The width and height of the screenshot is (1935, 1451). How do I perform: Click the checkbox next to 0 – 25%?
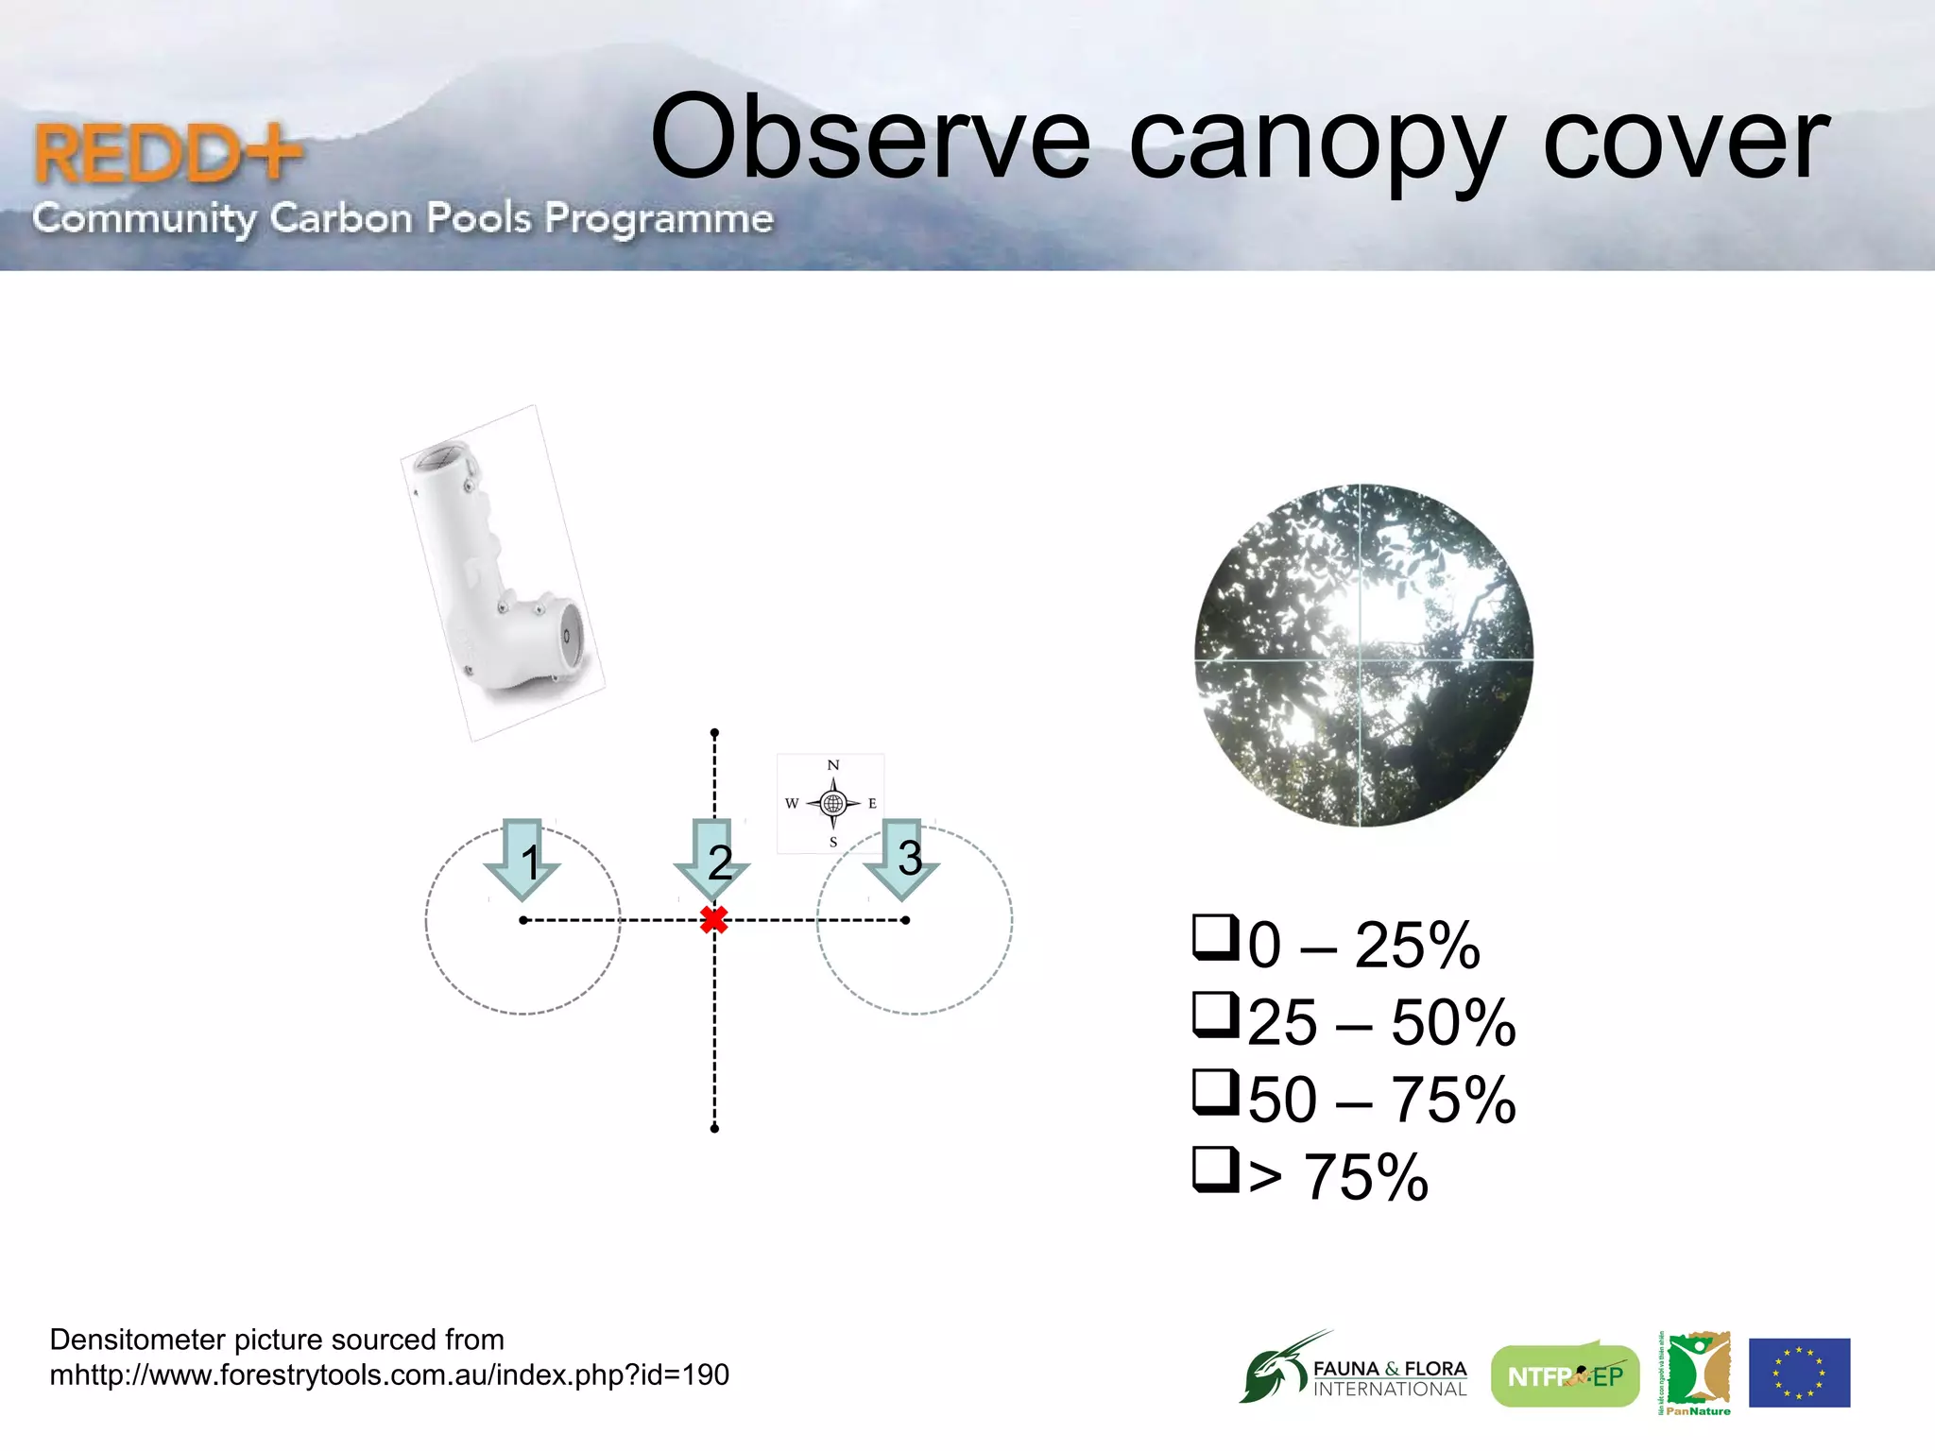(1214, 937)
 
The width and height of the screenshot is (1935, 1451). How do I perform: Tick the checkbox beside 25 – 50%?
(1214, 1015)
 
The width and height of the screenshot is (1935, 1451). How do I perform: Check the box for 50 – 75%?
(1214, 1092)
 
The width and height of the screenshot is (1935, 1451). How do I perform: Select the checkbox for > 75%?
(1214, 1169)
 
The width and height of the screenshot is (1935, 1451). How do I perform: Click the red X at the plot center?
(714, 920)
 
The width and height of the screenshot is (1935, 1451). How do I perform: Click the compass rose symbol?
(832, 804)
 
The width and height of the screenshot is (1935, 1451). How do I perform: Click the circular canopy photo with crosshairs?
(1363, 656)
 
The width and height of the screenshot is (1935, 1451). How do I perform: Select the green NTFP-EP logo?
(1565, 1376)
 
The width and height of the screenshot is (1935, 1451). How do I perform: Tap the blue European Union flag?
(1799, 1373)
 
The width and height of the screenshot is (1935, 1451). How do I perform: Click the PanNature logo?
(1697, 1373)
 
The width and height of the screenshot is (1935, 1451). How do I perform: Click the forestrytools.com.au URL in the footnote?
(389, 1374)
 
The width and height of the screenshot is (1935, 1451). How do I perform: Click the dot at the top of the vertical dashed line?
(714, 733)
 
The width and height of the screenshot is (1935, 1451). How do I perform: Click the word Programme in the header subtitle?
(659, 218)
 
